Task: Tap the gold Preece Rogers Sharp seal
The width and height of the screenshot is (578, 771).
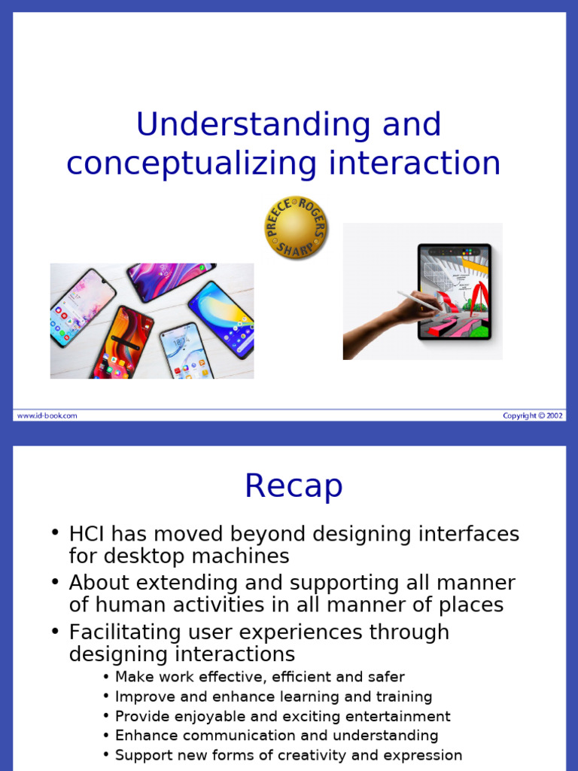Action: coord(295,228)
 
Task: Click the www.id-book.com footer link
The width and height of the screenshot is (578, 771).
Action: coord(47,415)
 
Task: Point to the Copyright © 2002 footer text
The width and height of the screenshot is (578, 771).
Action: coord(533,415)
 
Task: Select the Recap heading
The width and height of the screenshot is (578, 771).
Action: coord(294,486)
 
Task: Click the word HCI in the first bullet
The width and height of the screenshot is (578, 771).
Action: coord(88,535)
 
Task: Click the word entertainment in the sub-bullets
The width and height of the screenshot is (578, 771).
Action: coord(400,716)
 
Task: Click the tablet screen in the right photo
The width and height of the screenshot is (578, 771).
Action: coord(455,291)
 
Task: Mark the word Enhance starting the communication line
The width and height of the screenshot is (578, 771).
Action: coord(144,736)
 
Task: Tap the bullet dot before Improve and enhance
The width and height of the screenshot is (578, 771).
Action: coord(106,696)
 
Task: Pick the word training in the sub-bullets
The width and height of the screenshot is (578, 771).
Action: coord(405,696)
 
